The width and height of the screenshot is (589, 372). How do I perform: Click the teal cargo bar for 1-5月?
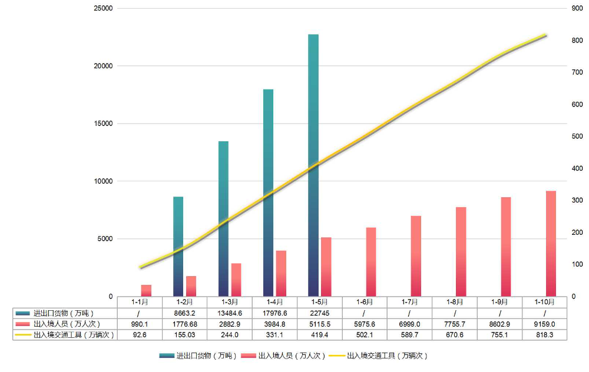313,165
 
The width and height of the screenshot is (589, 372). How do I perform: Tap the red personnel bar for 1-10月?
551,244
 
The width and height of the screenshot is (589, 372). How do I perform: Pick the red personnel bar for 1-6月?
371,262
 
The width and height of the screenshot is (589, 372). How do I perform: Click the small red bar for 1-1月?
146,290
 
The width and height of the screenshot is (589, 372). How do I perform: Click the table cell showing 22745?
319,313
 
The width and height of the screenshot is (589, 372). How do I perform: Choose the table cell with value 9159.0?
545,324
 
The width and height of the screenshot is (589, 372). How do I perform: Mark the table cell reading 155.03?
184,335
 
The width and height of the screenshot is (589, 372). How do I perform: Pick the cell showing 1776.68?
184,324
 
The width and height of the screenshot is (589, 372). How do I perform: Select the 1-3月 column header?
229,302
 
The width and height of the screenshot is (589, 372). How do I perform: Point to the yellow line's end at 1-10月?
545,35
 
